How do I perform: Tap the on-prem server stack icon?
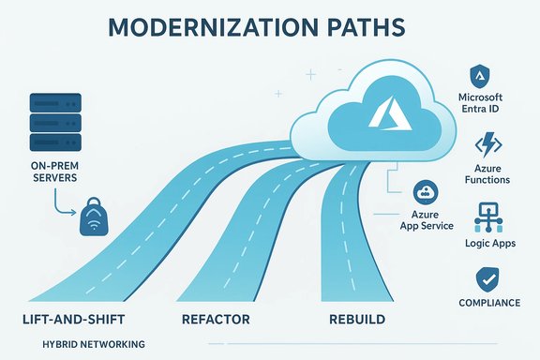[x=52, y=119]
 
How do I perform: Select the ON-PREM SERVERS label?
[x=51, y=173]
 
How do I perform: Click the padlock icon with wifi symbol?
[x=96, y=217]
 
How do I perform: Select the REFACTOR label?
[x=217, y=320]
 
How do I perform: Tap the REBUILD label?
[x=357, y=320]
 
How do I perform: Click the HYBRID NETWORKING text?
[x=94, y=345]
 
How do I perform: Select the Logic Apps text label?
[x=488, y=243]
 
